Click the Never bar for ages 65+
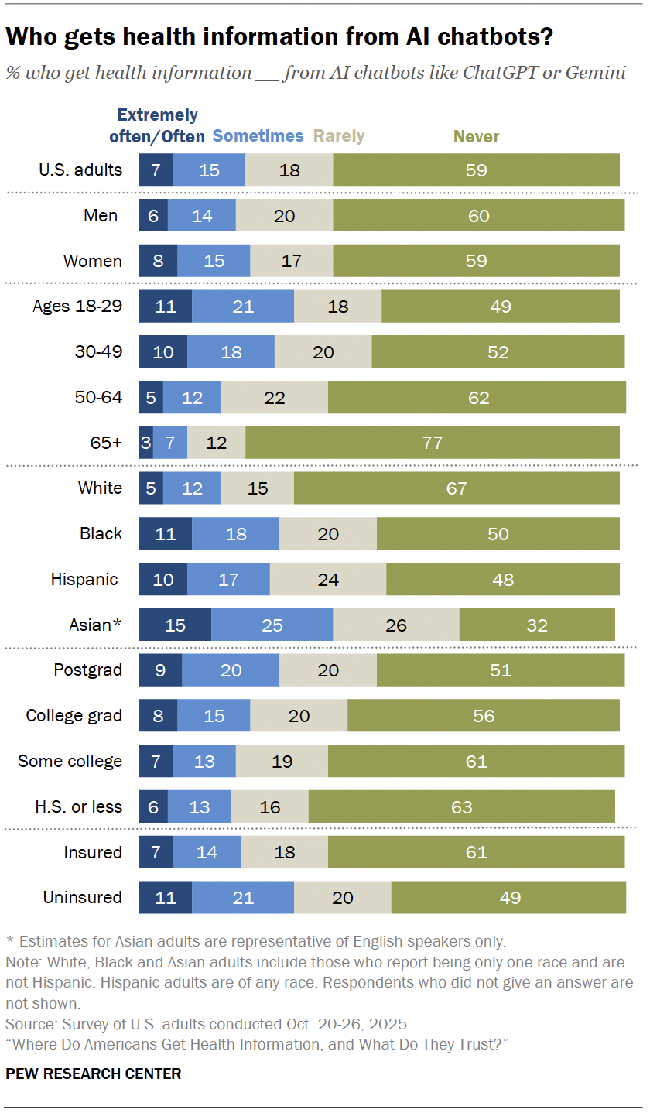tap(432, 443)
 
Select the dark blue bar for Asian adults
tap(174, 625)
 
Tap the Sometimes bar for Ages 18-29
tap(242, 307)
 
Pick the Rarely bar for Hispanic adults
tap(327, 579)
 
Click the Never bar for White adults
tap(457, 488)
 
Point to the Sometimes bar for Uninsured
tap(242, 898)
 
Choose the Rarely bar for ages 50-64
tap(274, 398)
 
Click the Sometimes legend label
tap(258, 136)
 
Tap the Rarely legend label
tap(338, 136)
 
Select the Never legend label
tap(476, 137)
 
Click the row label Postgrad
tap(87, 670)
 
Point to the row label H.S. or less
tap(79, 806)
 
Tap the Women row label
tap(93, 262)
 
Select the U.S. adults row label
tap(80, 170)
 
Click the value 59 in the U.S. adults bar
tap(476, 170)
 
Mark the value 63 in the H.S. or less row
tap(461, 807)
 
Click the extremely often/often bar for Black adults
tap(165, 534)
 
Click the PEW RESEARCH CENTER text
tap(93, 1074)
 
